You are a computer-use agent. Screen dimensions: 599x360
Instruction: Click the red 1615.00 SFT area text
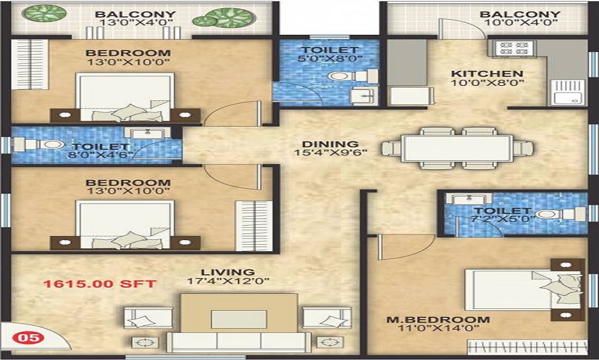tap(99, 284)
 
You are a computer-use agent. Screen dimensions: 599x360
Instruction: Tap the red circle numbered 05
tap(28, 337)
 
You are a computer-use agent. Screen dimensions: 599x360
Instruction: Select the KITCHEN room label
tap(487, 73)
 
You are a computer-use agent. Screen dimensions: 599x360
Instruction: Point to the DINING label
tap(331, 144)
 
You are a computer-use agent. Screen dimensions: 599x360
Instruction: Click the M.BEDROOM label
tap(438, 319)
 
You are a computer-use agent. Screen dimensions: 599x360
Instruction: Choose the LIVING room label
tap(228, 272)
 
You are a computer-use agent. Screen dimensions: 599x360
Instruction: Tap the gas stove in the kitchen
tap(514, 49)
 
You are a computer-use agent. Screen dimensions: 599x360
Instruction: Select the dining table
tap(458, 148)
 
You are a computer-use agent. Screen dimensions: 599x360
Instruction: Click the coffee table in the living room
tap(239, 313)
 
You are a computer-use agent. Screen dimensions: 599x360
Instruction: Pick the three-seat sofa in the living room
tap(239, 342)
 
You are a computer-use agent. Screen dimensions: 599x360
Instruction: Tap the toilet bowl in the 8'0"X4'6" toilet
tap(50, 145)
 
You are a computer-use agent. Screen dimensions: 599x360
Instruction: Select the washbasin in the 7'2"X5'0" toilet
tap(469, 199)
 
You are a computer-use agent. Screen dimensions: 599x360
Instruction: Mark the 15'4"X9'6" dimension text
tap(331, 153)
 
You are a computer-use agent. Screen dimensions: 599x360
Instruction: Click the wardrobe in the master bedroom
tap(527, 347)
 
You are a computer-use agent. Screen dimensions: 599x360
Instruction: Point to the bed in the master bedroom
tap(524, 290)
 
